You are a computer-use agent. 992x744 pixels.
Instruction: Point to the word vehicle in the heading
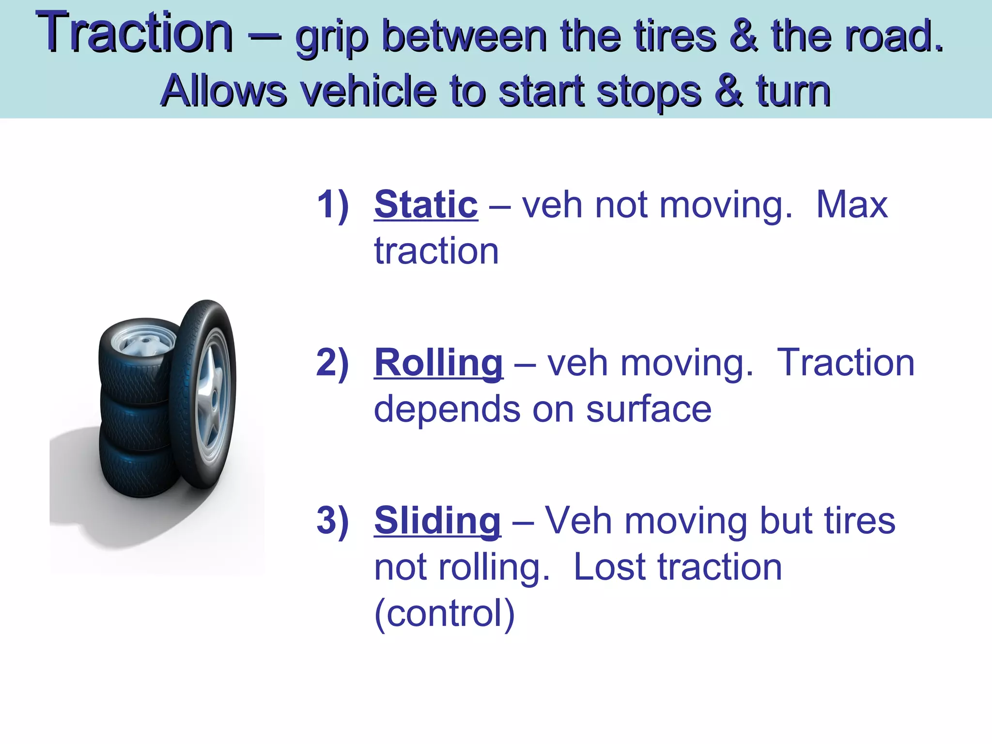(x=368, y=91)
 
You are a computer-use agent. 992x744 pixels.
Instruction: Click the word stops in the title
(x=649, y=91)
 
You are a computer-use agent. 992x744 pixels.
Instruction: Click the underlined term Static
(x=426, y=205)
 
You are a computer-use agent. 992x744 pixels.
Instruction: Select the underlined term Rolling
(x=438, y=363)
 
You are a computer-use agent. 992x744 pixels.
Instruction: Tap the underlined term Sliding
(x=437, y=521)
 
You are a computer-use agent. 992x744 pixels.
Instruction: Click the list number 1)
(x=333, y=205)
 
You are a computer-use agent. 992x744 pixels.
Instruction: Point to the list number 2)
(x=333, y=363)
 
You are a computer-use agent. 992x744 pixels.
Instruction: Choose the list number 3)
(x=333, y=521)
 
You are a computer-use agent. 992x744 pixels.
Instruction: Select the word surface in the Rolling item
(x=649, y=410)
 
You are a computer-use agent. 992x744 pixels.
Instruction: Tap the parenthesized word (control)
(x=444, y=614)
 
